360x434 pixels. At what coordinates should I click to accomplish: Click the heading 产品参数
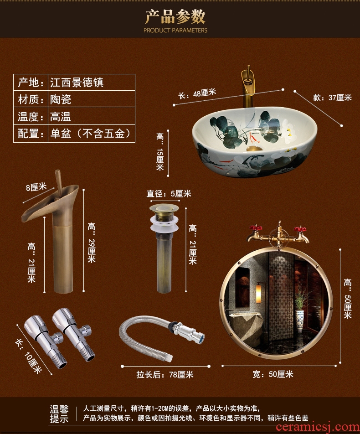175,16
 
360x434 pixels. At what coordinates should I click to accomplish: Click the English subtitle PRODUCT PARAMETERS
175,31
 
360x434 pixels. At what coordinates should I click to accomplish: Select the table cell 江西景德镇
77,83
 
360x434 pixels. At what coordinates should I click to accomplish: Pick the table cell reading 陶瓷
61,99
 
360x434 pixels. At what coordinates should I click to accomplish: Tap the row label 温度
28,117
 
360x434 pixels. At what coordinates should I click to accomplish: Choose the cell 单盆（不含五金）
90,134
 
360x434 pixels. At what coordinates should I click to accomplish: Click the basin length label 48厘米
205,93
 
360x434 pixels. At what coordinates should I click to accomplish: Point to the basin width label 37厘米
340,98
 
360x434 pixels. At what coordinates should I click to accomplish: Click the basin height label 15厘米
160,160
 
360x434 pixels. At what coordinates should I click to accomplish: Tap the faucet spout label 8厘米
36,187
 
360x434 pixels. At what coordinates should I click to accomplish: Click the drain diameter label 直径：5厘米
169,193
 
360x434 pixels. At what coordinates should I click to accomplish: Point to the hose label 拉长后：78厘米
165,374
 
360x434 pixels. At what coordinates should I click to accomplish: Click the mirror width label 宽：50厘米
273,374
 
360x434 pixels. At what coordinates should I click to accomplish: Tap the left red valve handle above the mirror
255,228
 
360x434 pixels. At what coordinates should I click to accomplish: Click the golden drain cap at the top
164,209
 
